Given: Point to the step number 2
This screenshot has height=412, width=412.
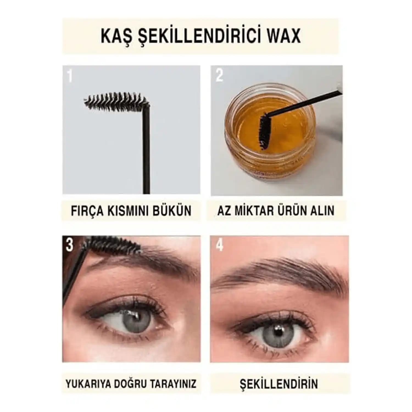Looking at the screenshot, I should tap(219, 75).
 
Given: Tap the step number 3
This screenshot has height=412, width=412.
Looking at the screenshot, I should tap(69, 245).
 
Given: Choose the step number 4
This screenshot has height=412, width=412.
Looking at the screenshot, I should tap(219, 244).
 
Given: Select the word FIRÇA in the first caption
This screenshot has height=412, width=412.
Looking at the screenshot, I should tap(87, 211).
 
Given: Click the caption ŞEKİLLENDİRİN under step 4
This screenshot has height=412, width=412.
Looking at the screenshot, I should tap(279, 384).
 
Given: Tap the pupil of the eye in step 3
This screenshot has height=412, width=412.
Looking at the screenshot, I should tap(136, 319).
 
